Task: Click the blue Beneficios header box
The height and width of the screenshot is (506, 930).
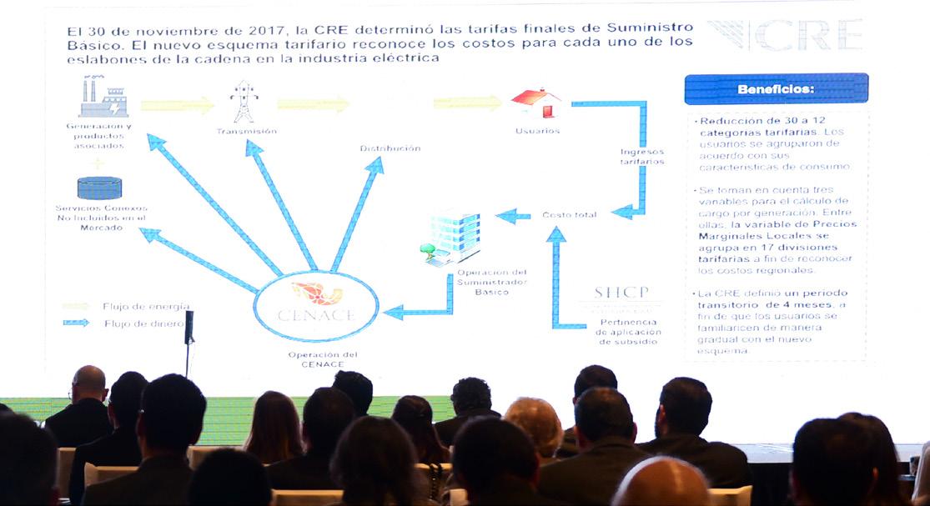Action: click(776, 88)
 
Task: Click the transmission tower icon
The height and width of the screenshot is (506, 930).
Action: click(244, 102)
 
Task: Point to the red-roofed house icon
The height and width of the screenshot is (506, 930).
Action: click(536, 103)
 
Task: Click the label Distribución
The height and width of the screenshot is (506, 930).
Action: click(390, 148)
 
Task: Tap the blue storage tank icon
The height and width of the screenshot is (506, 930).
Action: click(99, 188)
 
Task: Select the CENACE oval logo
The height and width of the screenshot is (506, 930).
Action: click(316, 305)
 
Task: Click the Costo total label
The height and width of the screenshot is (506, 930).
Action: click(569, 215)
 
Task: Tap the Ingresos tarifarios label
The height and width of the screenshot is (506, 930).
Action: click(642, 157)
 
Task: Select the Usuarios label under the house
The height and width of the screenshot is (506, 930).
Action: click(537, 131)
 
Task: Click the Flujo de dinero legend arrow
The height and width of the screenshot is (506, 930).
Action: click(76, 323)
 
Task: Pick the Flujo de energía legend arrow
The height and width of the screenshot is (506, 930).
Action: click(76, 306)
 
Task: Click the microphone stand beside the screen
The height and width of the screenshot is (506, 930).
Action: click(189, 342)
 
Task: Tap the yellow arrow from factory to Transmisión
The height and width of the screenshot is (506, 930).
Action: click(177, 105)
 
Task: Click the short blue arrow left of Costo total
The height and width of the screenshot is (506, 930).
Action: click(514, 216)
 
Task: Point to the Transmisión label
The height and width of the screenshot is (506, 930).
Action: click(246, 132)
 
